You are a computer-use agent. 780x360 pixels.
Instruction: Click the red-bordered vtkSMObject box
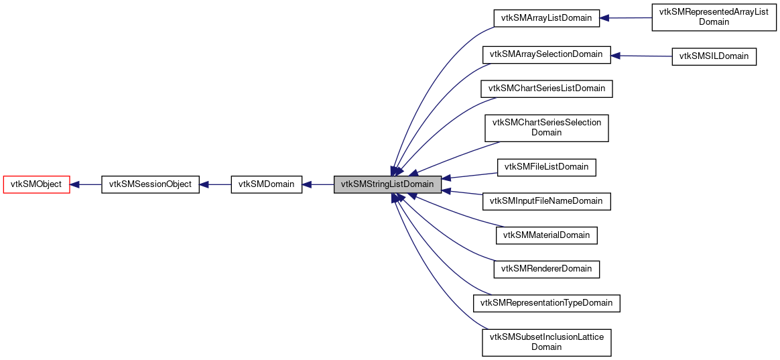click(x=37, y=184)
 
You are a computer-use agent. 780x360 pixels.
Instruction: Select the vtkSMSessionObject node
click(x=150, y=184)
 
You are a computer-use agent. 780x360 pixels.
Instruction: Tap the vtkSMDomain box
click(x=266, y=184)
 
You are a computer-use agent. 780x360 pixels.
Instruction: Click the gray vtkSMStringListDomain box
click(x=387, y=184)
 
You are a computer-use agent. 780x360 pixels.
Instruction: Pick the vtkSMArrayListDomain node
click(x=545, y=18)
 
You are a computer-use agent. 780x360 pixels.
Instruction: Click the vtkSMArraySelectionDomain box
click(x=546, y=55)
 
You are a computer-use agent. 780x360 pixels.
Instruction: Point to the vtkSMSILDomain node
click(x=714, y=56)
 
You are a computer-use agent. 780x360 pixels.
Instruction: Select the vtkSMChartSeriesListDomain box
click(x=546, y=88)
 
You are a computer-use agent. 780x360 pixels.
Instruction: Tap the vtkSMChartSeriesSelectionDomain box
click(x=546, y=127)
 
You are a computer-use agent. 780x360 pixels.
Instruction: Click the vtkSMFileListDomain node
click(x=546, y=166)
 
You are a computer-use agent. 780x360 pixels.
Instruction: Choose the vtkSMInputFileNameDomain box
click(x=546, y=201)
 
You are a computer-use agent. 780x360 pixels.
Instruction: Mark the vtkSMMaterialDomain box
click(x=546, y=235)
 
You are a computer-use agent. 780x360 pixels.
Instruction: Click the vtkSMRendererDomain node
click(x=546, y=269)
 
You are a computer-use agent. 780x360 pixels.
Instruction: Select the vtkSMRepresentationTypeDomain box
click(x=546, y=303)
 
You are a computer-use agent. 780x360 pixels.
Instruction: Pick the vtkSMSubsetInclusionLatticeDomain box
click(x=546, y=342)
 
